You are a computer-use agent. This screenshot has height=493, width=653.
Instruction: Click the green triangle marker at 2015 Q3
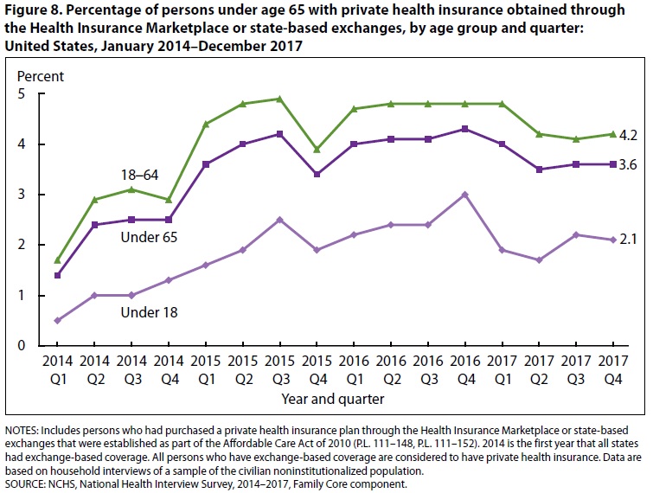pyautogui.click(x=278, y=99)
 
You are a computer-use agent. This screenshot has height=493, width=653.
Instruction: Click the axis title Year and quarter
pyautogui.click(x=333, y=400)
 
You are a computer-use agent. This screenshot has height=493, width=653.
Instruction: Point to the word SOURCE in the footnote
pyautogui.click(x=25, y=483)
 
